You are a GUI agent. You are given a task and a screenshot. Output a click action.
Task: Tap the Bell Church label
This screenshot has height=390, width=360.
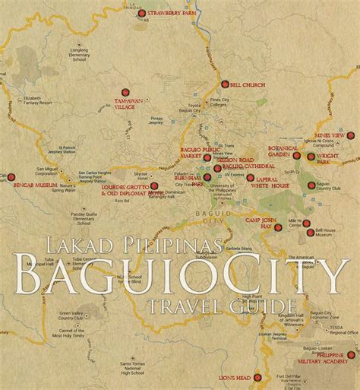coord(246,84)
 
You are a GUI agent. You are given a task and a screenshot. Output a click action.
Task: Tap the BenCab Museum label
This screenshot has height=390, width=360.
coord(33,185)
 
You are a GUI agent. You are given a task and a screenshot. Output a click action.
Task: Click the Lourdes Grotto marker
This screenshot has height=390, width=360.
coord(154,185)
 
